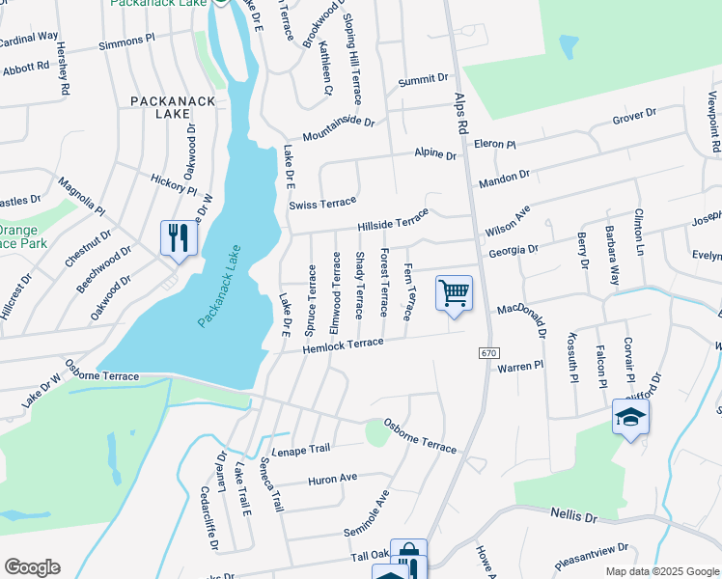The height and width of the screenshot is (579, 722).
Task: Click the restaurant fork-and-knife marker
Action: pos(178,237)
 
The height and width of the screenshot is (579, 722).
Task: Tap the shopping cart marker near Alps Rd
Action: pos(454,292)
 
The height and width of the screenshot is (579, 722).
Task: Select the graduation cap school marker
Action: pos(629,417)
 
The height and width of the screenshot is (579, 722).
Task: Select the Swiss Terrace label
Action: pos(322,204)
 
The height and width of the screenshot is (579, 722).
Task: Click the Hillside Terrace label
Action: pos(392,221)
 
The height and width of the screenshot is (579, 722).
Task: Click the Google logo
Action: pos(32,566)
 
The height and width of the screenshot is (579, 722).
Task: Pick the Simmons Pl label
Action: pos(125,42)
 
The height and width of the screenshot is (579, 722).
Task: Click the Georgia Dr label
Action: pos(513,248)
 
